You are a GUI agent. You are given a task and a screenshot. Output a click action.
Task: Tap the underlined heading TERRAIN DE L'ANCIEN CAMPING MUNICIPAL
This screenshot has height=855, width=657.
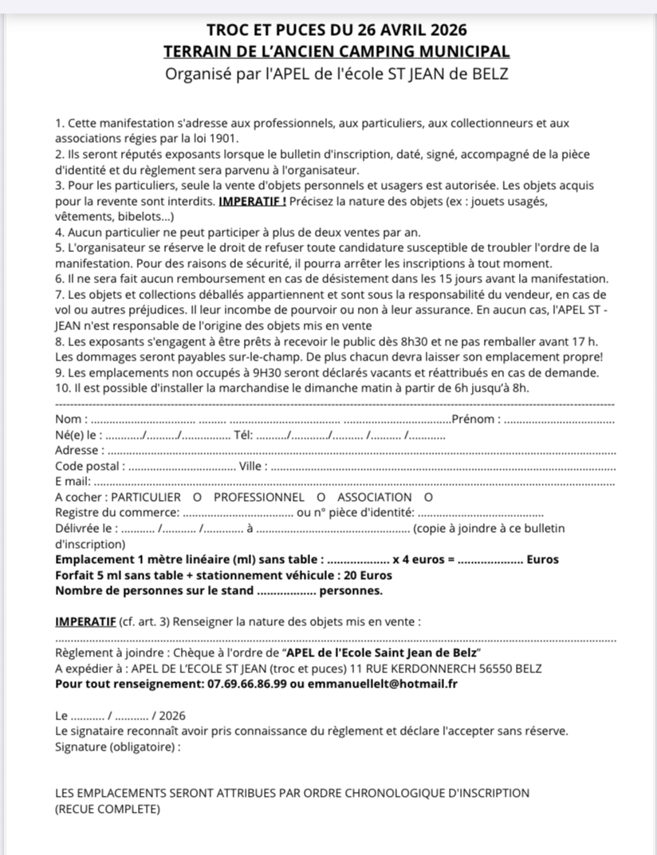tap(336, 52)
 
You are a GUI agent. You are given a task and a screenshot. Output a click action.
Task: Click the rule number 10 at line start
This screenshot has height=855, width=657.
tap(62, 388)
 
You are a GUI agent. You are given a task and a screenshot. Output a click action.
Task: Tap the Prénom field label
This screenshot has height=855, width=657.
tap(476, 420)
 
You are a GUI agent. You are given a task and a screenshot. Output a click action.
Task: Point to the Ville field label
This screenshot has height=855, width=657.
tap(254, 466)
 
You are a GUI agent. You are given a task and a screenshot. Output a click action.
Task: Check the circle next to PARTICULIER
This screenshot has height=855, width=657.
tap(196, 497)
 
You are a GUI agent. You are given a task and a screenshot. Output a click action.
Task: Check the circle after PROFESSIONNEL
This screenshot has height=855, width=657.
tap(309, 497)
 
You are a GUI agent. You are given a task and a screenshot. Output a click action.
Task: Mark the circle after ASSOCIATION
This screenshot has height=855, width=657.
tap(427, 497)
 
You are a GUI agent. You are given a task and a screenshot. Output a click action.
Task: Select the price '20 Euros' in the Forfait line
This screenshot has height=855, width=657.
tap(369, 574)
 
